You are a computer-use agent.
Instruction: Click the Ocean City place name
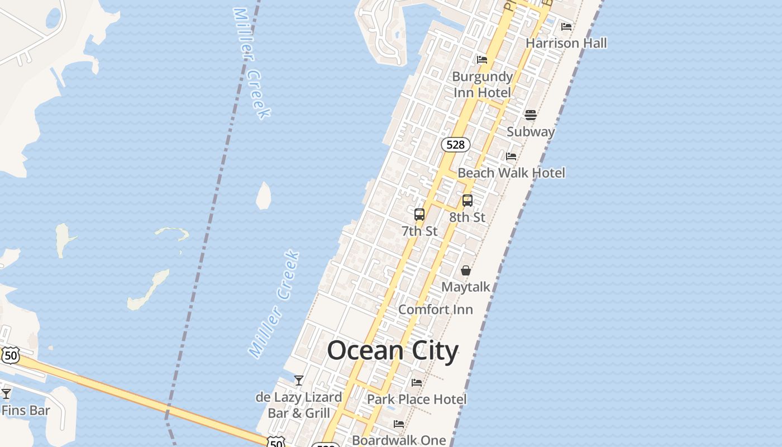pos(392,351)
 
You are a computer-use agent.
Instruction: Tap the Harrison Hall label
pos(566,43)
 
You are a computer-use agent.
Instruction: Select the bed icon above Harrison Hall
pos(566,26)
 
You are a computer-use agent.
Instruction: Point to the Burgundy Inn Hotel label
pos(482,84)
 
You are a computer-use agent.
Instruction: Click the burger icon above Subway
pos(530,115)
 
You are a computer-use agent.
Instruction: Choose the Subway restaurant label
pos(530,132)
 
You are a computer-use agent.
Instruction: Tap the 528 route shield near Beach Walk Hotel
pos(455,145)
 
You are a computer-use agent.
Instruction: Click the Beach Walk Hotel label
pos(511,173)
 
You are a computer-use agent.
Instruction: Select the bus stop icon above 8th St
pos(468,200)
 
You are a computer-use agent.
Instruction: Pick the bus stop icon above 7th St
pos(419,214)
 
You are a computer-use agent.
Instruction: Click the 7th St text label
pos(419,231)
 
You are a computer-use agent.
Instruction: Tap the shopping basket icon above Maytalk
pos(465,270)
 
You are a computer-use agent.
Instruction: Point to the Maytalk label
pos(465,287)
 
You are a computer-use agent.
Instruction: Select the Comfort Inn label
pos(435,310)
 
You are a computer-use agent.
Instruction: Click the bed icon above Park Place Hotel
pos(417,383)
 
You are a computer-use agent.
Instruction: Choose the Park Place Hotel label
pos(417,400)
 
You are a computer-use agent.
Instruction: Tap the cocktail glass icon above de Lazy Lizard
pos(299,381)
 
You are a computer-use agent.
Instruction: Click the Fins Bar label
pos(26,411)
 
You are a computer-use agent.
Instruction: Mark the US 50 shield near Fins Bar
pos(10,355)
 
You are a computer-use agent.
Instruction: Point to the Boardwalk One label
pos(399,440)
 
